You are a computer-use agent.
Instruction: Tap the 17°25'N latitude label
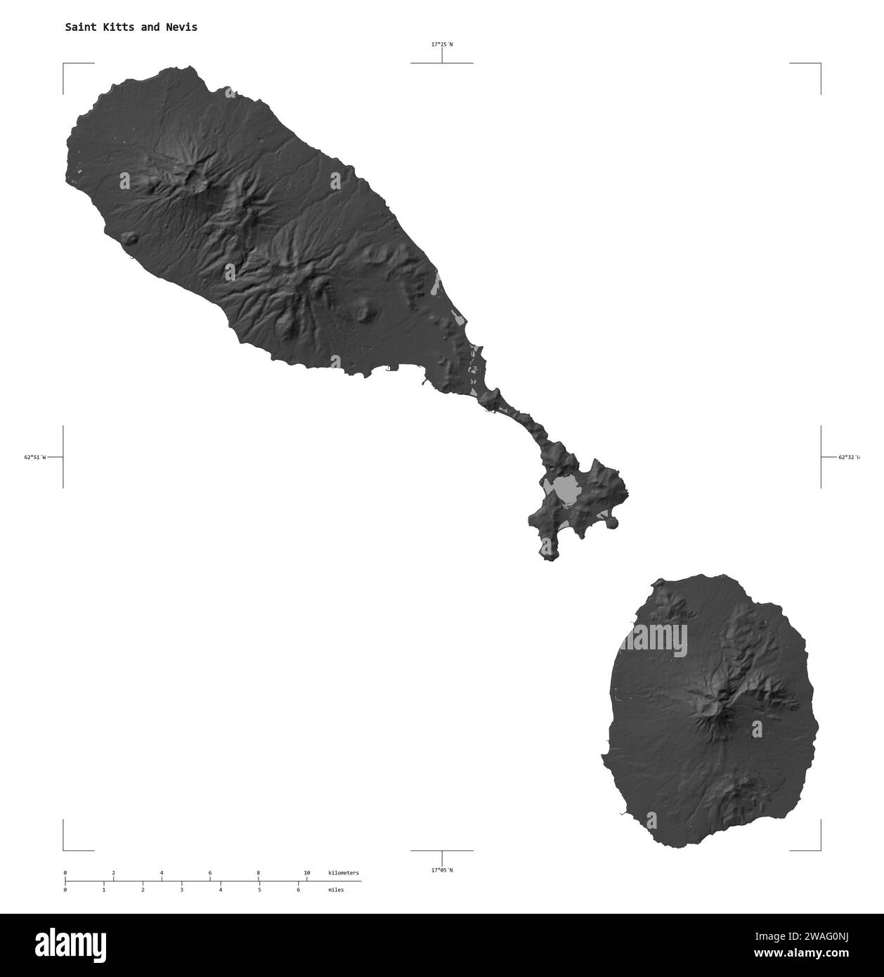pyautogui.click(x=442, y=44)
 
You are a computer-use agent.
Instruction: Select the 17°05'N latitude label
pyautogui.click(x=442, y=870)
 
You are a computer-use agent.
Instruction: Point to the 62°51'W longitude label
pyautogui.click(x=34, y=458)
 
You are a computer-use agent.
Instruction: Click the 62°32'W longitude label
pyautogui.click(x=849, y=458)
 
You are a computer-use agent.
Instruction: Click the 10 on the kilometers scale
pyautogui.click(x=306, y=873)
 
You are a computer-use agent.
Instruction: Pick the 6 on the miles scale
pyautogui.click(x=298, y=890)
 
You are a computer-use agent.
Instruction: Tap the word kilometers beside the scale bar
pyautogui.click(x=344, y=873)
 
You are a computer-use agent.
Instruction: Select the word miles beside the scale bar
pyautogui.click(x=336, y=890)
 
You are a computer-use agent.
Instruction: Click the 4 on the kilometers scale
pyautogui.click(x=162, y=873)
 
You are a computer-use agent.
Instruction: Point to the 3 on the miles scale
pyautogui.click(x=181, y=890)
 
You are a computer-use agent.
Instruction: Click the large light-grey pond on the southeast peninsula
pyautogui.click(x=565, y=489)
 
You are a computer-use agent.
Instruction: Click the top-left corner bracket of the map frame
pyautogui.click(x=65, y=65)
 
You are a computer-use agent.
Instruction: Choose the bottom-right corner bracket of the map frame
pyautogui.click(x=819, y=849)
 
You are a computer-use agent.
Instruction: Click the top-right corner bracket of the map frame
pyautogui.click(x=819, y=65)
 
